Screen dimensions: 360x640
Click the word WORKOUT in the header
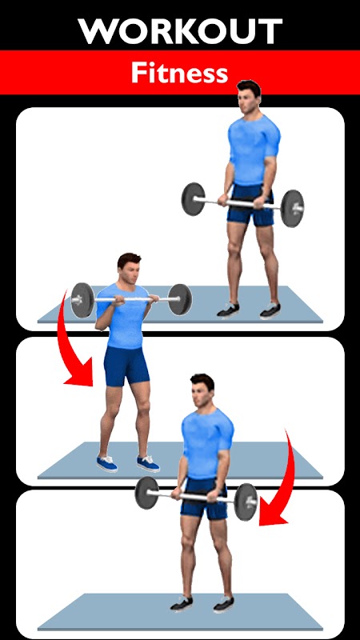180,31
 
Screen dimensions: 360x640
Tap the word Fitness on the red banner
179,74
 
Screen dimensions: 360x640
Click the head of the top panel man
248,97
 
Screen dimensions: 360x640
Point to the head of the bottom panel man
202,390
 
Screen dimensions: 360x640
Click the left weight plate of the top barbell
193,198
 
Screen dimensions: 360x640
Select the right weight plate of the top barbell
292,208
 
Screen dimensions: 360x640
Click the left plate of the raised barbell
82,300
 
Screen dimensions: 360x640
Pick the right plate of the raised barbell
180,299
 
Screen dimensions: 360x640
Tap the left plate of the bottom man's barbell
146,493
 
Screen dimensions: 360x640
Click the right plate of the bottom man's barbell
246,502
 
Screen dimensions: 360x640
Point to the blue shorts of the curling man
126,366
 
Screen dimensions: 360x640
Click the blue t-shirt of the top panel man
254,150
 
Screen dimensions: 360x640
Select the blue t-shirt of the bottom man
207,444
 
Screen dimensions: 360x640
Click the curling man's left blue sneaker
107,464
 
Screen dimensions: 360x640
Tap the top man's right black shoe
270,310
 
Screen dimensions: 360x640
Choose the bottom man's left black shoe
182,604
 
